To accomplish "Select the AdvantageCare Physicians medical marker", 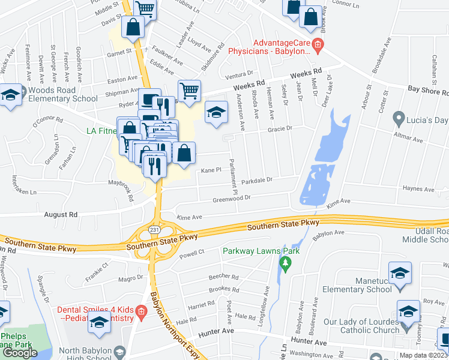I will pyautogui.click(x=318, y=43).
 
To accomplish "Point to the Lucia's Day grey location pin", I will pyautogui.click(x=397, y=117).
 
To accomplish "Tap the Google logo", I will pyautogui.click(x=20, y=352).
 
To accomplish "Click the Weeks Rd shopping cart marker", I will pyautogui.click(x=190, y=91).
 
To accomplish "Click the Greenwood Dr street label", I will pyautogui.click(x=231, y=199).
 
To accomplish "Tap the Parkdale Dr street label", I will pyautogui.click(x=257, y=180).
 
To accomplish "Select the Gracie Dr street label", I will pyautogui.click(x=280, y=128).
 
